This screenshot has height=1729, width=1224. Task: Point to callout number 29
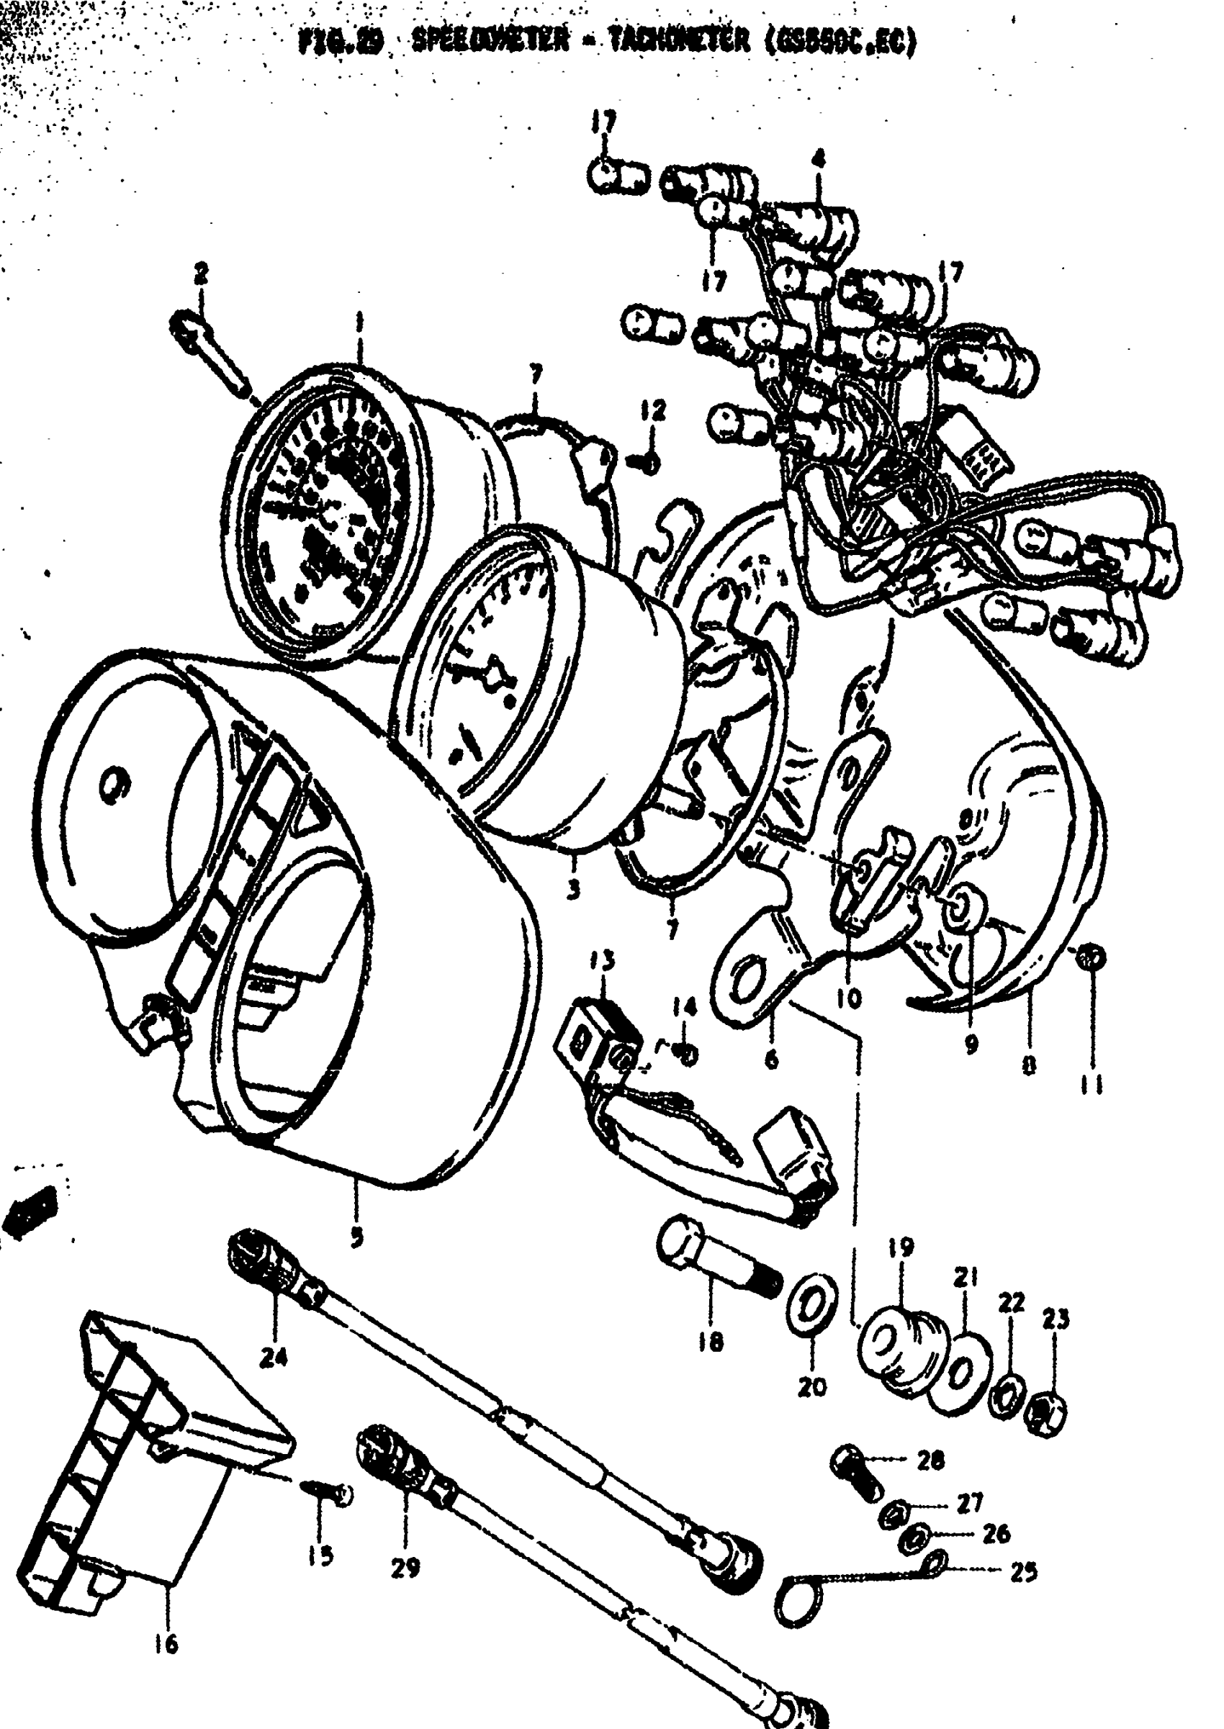click(405, 1568)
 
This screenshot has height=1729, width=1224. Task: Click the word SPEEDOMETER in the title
click(490, 43)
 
